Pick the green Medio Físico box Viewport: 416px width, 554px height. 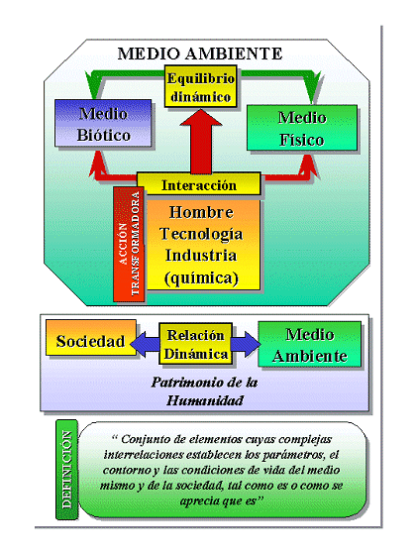point(301,128)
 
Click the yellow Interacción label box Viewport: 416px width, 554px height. point(199,184)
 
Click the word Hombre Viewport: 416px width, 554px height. point(201,213)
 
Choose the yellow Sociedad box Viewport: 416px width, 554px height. point(90,342)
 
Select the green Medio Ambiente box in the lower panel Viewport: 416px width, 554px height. point(309,344)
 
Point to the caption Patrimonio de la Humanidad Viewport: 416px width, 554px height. point(203,390)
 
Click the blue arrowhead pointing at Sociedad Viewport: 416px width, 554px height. point(142,342)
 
